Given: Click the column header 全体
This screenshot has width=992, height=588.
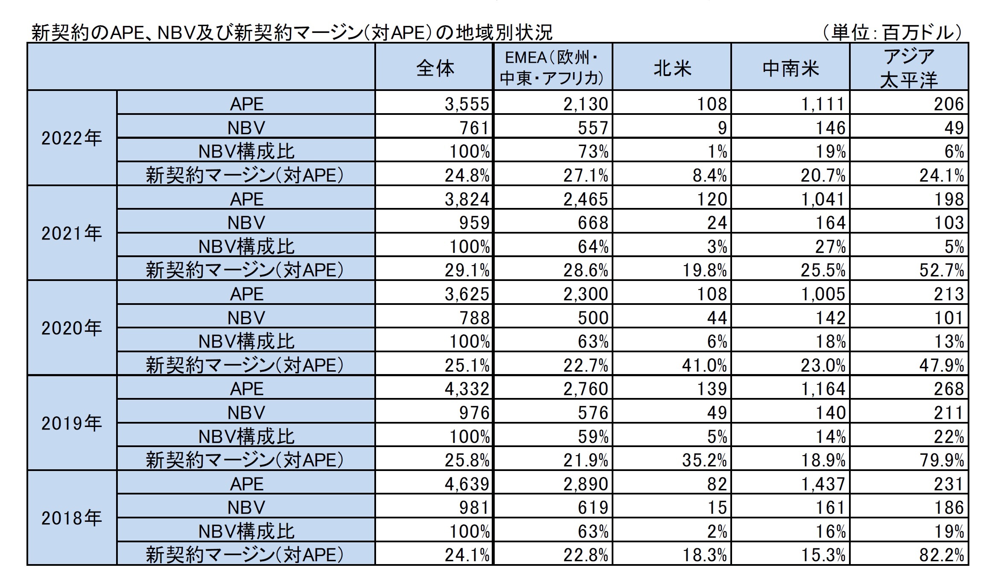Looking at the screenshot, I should [435, 67].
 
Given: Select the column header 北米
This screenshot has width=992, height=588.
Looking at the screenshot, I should [672, 67].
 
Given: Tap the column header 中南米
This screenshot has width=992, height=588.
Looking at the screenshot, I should [791, 67].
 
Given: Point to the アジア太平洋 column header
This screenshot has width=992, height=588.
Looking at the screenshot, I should [909, 67].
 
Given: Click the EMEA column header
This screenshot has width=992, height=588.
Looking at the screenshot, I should [553, 67].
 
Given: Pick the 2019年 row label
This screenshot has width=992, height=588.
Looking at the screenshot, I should [72, 423].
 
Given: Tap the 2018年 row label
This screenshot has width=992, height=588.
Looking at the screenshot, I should [72, 518].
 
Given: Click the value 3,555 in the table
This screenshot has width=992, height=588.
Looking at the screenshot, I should [467, 104].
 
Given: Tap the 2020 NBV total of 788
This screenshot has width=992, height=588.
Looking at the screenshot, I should [474, 318].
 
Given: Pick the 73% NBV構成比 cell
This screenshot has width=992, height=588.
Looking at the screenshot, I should [593, 152].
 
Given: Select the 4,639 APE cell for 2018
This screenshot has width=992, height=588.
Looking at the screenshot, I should [467, 484].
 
